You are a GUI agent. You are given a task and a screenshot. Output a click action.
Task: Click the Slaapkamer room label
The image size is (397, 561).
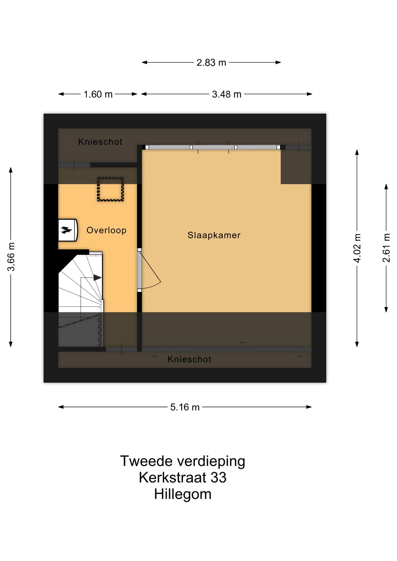(x=214, y=235)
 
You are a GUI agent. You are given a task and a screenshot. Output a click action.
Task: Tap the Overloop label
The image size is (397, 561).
(x=106, y=230)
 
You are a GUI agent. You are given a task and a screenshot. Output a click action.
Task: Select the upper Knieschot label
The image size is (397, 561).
(x=100, y=142)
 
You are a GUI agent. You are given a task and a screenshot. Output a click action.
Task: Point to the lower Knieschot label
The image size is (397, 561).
(x=189, y=359)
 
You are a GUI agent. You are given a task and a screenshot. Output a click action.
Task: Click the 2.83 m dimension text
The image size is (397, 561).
(x=211, y=63)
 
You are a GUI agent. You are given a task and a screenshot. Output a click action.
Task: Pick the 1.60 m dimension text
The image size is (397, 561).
(x=98, y=94)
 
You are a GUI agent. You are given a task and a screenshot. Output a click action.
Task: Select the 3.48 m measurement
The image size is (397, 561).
(x=227, y=94)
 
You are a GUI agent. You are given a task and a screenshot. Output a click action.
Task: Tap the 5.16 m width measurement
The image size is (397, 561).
(x=185, y=407)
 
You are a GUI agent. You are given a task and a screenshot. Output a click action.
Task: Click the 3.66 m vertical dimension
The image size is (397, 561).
(x=11, y=257)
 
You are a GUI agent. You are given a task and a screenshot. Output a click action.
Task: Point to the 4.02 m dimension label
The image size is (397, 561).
(x=357, y=248)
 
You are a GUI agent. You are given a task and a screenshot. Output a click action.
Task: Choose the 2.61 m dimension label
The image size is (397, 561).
(x=386, y=248)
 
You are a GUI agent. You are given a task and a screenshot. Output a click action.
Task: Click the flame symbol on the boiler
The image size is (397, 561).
(x=66, y=230)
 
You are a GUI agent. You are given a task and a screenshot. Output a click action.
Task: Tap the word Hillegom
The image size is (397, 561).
(x=183, y=494)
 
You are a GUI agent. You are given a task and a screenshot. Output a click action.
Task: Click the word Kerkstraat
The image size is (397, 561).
(x=172, y=478)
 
